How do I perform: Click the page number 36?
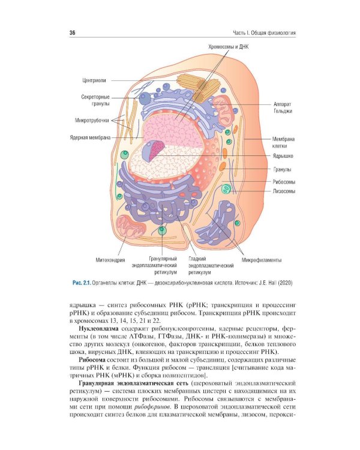click(73, 33)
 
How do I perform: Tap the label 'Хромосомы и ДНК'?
click(228, 47)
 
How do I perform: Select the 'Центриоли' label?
click(94, 80)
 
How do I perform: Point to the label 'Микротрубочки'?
click(92, 120)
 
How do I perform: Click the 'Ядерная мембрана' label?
click(90, 137)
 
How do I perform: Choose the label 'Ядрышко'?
click(283, 156)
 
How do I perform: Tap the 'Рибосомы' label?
click(284, 182)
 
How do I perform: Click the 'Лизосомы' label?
click(284, 191)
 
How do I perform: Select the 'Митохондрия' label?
click(110, 260)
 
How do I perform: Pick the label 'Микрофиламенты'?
click(262, 260)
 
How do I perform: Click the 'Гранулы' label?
click(282, 169)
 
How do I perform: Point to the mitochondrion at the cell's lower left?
click(131, 227)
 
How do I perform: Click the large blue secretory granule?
click(145, 98)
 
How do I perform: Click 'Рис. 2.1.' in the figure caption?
click(82, 283)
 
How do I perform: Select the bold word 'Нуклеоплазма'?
click(98, 329)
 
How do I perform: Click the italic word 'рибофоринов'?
click(152, 407)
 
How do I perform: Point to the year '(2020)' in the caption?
click(286, 283)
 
